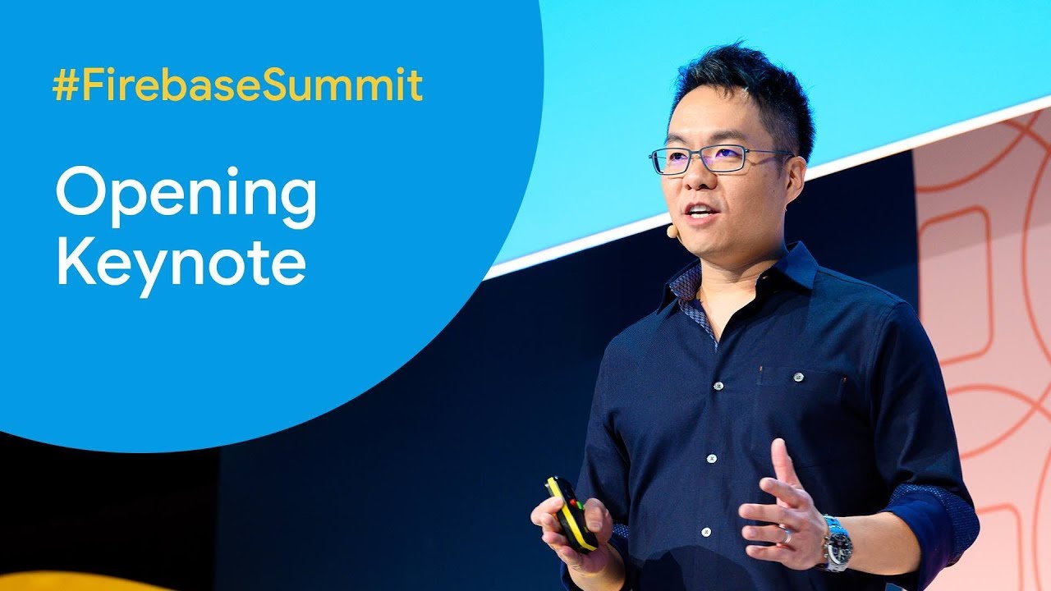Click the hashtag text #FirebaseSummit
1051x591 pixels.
(237, 85)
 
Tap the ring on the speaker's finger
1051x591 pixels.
(787, 535)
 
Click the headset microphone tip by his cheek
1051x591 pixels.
(672, 231)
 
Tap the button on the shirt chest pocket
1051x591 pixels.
(799, 377)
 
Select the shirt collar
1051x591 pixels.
(741, 277)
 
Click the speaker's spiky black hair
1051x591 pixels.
(746, 89)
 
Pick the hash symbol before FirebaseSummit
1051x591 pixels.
(65, 85)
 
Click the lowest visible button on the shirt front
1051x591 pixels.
(705, 533)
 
